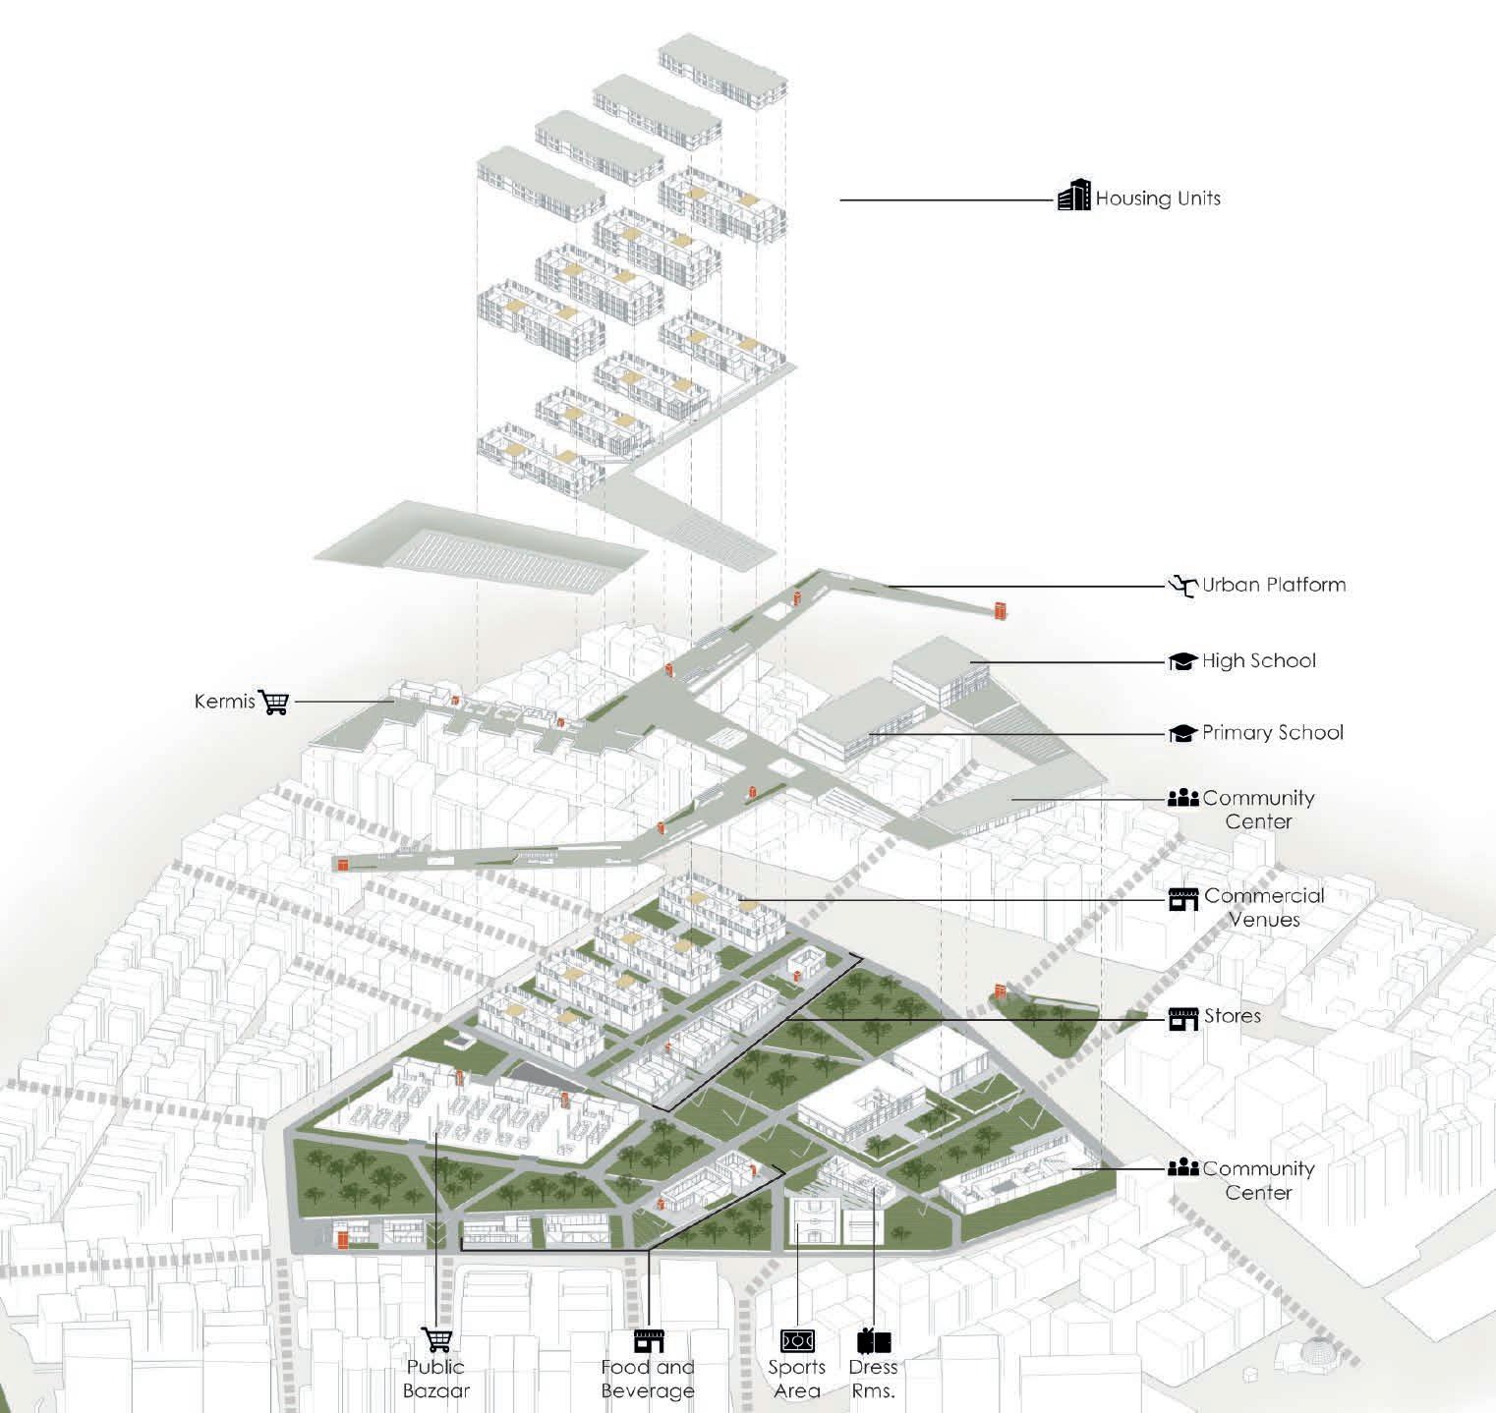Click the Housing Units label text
1158,198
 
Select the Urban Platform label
1274,585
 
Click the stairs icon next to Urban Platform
1183,587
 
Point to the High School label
1258,661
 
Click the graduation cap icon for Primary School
1182,734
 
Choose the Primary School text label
1272,733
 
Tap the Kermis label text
225,703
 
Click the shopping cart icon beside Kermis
274,702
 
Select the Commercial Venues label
1264,908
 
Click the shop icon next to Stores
1183,1018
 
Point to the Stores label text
1233,1015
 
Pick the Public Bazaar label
436,1379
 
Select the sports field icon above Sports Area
797,1340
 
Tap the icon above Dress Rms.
873,1340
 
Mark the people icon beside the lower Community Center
1182,1168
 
